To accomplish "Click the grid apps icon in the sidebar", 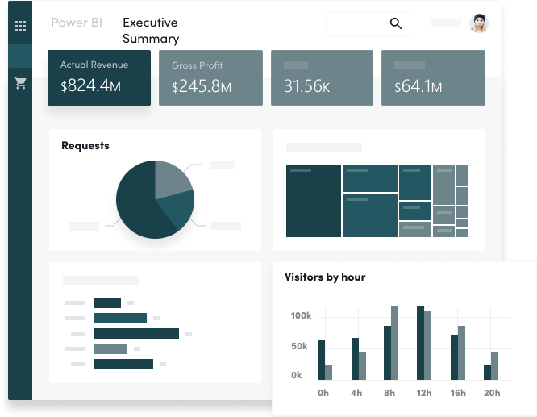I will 21,26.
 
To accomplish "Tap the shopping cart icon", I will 21,83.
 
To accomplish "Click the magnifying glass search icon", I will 396,23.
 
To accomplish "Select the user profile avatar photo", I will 479,23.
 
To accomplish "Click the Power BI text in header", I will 76,23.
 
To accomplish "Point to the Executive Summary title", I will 151,31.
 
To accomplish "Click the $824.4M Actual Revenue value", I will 90,85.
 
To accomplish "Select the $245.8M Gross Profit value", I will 202,85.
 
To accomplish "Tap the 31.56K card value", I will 307,85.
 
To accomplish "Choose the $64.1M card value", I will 418,85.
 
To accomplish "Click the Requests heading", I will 85,146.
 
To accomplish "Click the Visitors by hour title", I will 325,277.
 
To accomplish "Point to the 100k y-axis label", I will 301,315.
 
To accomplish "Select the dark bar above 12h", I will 420,343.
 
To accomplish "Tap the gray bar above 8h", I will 394,343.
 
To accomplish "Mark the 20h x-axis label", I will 492,393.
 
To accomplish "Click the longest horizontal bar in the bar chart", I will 135,333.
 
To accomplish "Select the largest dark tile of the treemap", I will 314,202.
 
